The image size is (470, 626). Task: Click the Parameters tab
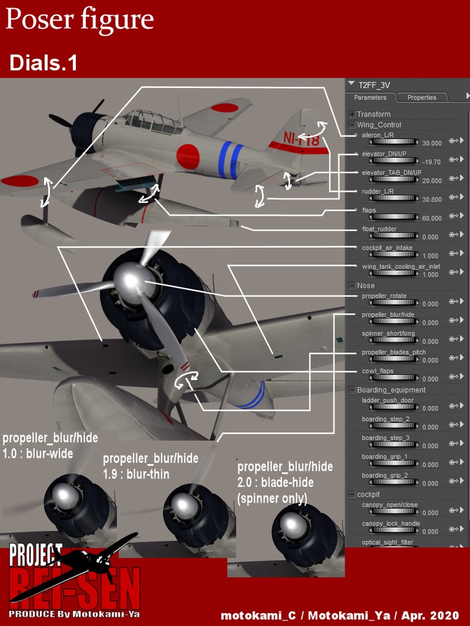click(370, 97)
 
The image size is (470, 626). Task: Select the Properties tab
click(422, 97)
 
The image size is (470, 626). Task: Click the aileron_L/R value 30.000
click(431, 143)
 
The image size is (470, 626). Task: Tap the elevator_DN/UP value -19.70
click(431, 162)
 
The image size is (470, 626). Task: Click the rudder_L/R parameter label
click(378, 191)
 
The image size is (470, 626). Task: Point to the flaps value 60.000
click(431, 218)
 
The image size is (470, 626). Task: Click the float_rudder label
click(379, 229)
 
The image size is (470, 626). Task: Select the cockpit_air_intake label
click(387, 248)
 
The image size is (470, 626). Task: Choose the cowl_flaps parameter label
click(378, 371)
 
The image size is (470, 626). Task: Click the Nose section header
click(366, 285)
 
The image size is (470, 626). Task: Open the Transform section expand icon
click(352, 114)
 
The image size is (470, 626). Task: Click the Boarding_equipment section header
click(391, 390)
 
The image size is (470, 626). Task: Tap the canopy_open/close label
click(390, 505)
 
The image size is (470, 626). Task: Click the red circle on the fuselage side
click(188, 156)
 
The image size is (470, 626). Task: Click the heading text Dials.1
click(43, 62)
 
